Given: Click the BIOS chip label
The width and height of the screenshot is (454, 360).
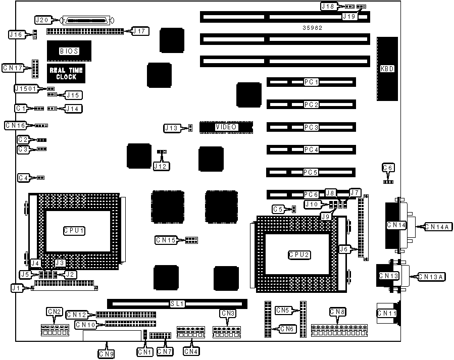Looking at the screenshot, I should tap(69, 51).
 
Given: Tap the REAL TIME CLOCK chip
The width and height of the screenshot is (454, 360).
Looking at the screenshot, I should tap(66, 74).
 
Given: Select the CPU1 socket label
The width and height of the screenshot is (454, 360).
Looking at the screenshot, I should tap(74, 230).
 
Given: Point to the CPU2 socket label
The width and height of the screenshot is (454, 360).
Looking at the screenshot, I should tap(299, 254).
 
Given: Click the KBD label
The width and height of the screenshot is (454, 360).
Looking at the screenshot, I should tap(387, 69).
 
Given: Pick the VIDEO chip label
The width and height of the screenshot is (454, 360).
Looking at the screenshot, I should tap(226, 127).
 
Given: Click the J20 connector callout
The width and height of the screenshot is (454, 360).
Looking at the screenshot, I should tap(42, 20).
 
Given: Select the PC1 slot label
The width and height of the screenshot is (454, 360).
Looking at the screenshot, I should tap(311, 82).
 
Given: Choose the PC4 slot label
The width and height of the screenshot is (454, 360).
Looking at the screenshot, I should tap(311, 150).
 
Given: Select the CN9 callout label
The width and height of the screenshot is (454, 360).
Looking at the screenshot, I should tap(107, 354).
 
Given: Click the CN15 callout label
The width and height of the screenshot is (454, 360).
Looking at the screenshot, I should tap(166, 240).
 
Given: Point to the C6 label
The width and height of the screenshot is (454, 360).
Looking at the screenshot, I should tap(388, 168).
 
